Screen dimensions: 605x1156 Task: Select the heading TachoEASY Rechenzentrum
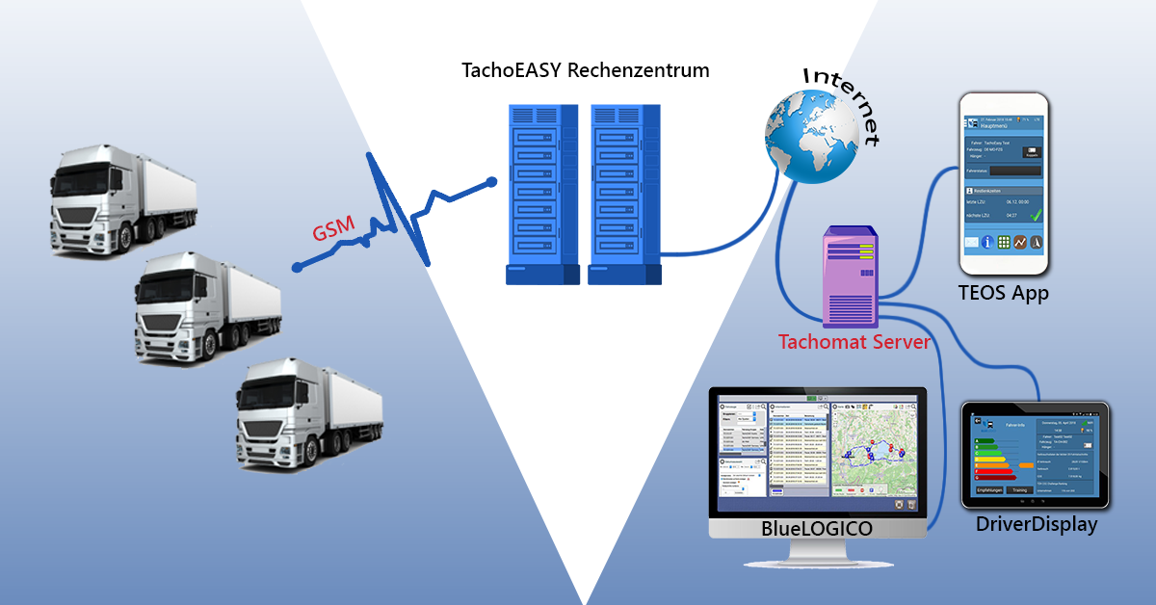coord(585,70)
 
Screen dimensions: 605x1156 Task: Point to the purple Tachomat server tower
coord(850,276)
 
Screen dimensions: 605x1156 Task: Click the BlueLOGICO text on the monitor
coord(816,529)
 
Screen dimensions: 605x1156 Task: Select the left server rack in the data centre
coord(542,192)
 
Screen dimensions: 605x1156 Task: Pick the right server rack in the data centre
coord(624,192)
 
